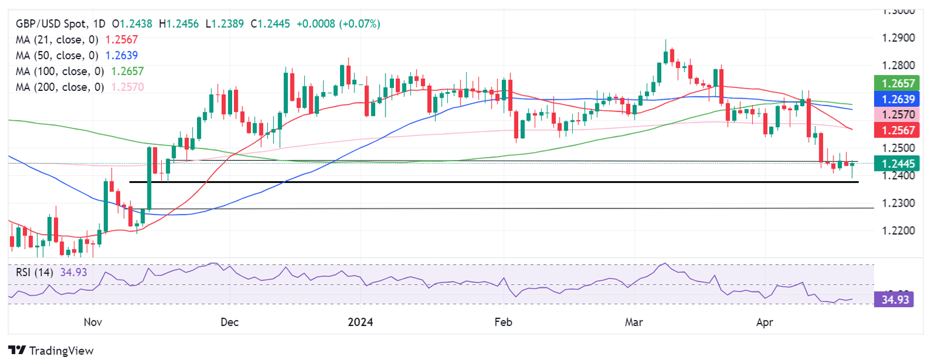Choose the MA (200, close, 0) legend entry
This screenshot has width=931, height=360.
pos(59,87)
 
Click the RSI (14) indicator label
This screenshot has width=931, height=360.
pos(35,272)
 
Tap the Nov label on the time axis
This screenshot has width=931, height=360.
pos(93,322)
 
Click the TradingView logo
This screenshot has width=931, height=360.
pos(51,350)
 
